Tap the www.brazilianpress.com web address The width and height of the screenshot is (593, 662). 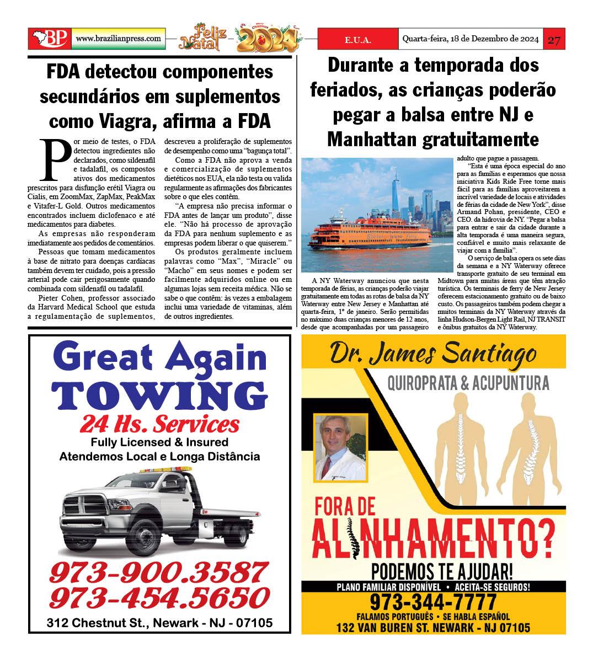point(119,39)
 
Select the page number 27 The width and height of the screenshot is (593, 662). point(554,40)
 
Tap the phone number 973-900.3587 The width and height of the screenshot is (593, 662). point(158,572)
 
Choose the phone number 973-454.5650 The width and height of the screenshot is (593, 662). point(159,597)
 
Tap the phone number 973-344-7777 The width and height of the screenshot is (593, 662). point(433,601)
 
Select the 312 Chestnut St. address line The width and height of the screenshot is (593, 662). point(159,623)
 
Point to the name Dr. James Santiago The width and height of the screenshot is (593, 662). point(432,353)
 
